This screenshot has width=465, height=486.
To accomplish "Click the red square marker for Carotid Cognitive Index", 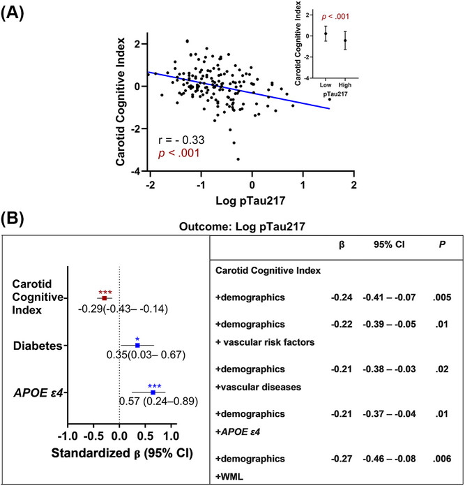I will click(105, 297).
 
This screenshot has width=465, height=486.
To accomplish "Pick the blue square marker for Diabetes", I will click(137, 345).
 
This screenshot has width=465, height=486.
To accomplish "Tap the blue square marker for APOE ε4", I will click(153, 392).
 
